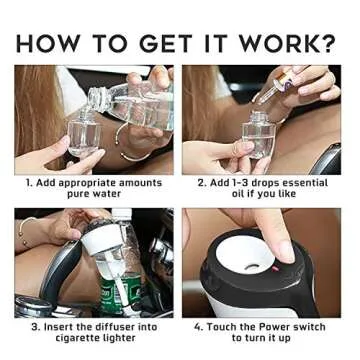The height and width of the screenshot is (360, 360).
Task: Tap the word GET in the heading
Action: click(166, 43)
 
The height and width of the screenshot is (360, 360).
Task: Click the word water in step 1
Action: click(106, 194)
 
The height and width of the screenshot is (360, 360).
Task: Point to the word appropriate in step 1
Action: click(79, 183)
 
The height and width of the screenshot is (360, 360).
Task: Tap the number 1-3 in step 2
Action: click(238, 183)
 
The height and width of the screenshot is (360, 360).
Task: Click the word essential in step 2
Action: click(306, 183)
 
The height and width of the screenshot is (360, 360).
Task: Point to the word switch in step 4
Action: click(307, 327)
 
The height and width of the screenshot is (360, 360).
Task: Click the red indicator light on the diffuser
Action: click(275, 268)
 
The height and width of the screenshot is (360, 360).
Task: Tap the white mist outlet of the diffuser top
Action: click(246, 255)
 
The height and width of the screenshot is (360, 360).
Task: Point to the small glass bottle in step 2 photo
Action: click(259, 134)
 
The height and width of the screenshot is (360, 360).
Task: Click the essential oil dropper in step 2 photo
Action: click(276, 86)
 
